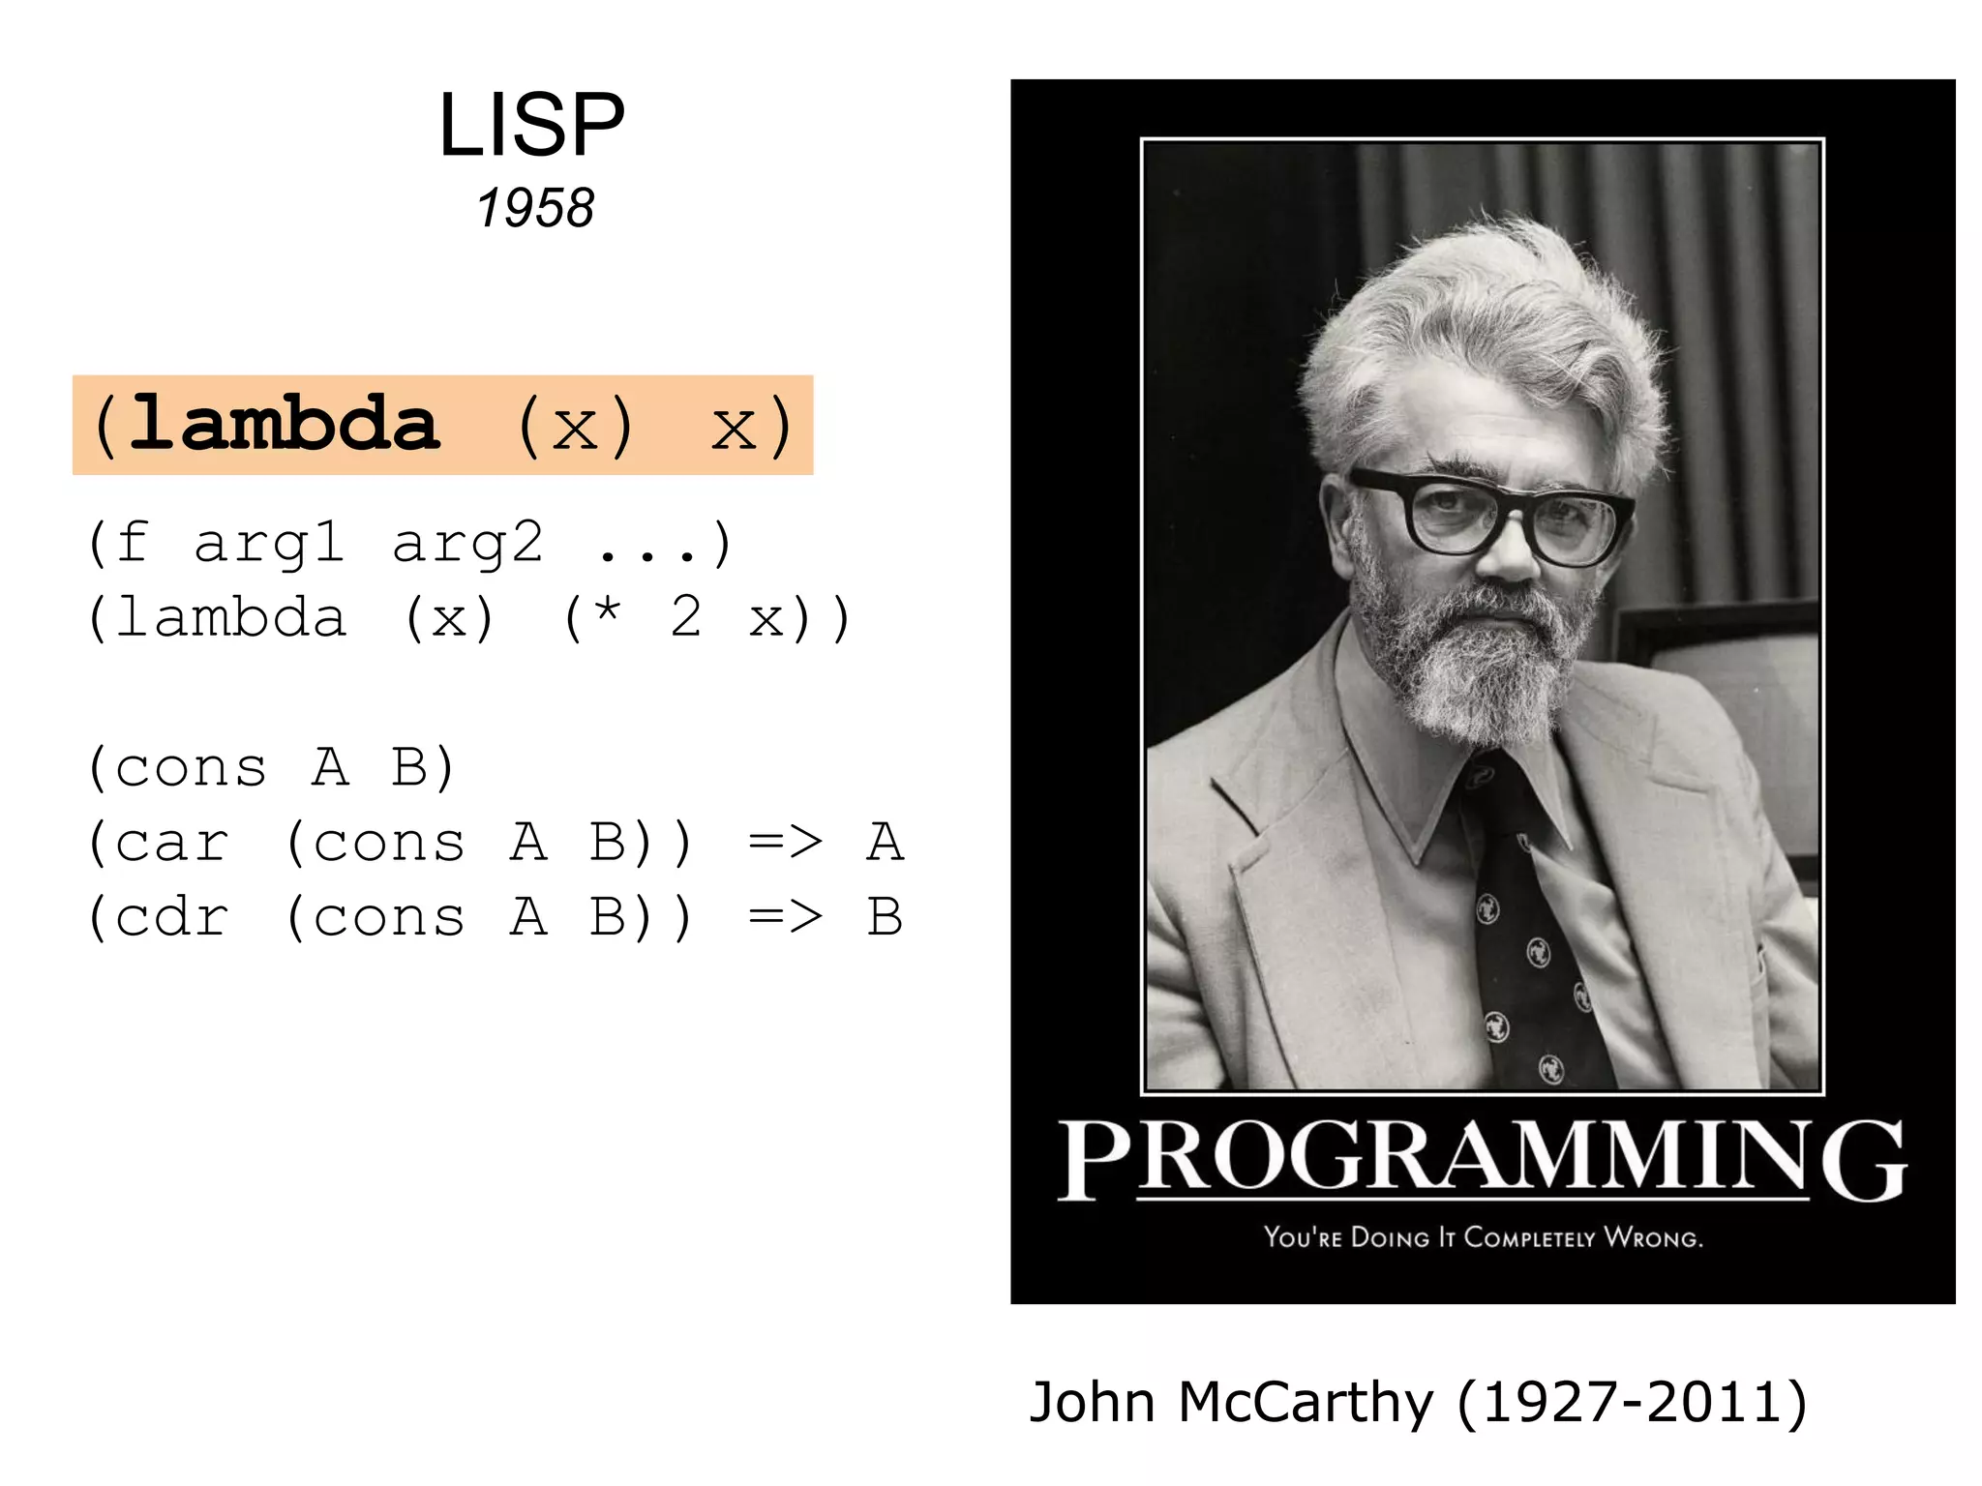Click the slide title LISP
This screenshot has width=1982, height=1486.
point(531,125)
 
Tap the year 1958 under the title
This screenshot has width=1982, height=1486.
point(535,208)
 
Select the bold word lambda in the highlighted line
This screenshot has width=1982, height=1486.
point(285,424)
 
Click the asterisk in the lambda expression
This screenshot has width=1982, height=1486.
point(608,613)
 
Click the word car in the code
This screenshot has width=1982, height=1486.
point(172,843)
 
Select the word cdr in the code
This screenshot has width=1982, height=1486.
point(172,917)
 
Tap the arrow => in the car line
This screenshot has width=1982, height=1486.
point(785,842)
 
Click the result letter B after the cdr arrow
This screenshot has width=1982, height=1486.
point(885,917)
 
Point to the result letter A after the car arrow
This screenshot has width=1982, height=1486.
point(885,842)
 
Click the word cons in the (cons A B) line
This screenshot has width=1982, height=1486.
point(191,769)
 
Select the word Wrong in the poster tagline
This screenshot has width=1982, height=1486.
point(1653,1237)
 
